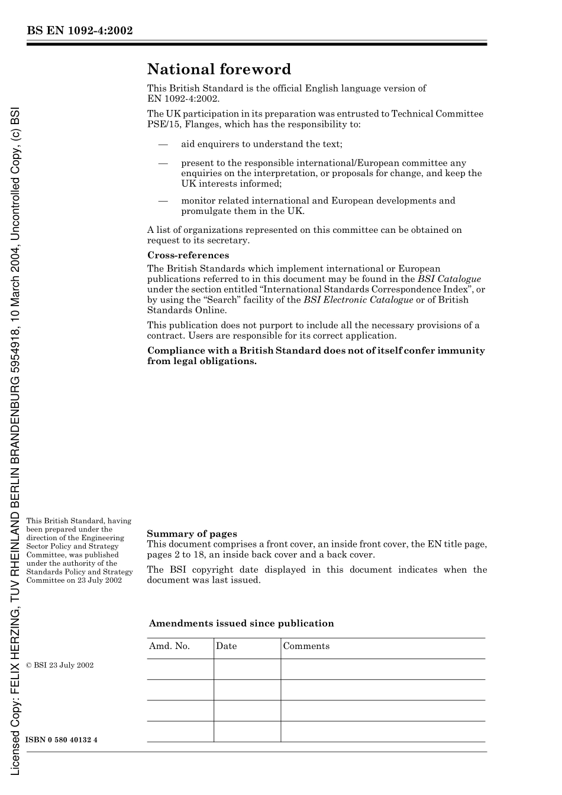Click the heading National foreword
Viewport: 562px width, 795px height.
(219, 69)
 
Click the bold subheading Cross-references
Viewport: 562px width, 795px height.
(188, 255)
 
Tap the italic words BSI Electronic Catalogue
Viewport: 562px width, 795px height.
(358, 300)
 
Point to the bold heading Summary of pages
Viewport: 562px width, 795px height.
(192, 534)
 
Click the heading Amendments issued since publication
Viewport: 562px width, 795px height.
(241, 623)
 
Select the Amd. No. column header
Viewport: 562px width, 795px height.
(169, 646)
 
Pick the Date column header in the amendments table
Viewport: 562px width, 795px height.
(226, 646)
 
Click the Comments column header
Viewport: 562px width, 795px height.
(306, 646)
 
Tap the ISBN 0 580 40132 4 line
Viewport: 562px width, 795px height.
(62, 740)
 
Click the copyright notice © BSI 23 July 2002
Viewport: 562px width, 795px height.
(60, 665)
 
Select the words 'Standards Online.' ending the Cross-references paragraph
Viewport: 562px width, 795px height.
(186, 310)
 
